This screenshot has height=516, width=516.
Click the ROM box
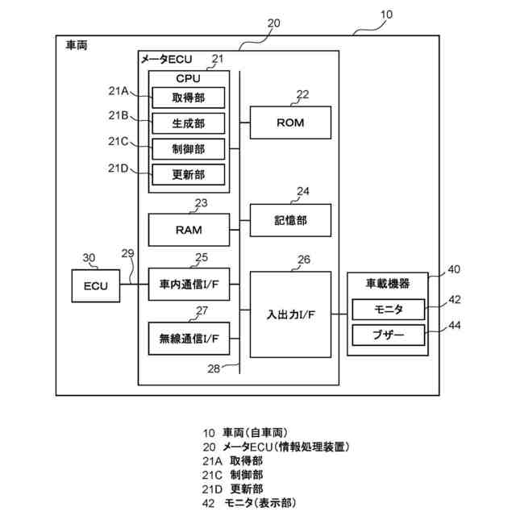coord(290,123)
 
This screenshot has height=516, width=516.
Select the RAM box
coord(189,230)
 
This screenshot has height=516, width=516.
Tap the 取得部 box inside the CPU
coord(188,98)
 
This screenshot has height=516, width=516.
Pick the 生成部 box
coord(188,123)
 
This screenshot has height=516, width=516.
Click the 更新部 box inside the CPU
coord(188,174)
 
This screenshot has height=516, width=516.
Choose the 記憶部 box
coord(290,220)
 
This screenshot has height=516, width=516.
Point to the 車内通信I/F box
coord(189,285)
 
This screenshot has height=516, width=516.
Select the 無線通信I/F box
coord(189,339)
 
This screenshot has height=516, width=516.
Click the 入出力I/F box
coord(290,314)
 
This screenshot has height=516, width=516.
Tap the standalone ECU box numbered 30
coord(96,286)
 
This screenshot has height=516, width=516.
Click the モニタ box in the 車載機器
coord(389,310)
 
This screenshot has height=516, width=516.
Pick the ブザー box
coord(389,335)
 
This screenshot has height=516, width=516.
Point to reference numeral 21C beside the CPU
coord(119,142)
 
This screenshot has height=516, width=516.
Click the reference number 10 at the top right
coord(387,15)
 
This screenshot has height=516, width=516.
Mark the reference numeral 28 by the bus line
coord(214,368)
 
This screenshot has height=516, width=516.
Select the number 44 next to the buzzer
coord(455,325)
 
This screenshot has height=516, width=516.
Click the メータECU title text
coord(167,59)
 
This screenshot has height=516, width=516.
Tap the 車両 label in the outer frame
coord(77,45)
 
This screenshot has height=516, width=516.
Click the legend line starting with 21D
coord(233,489)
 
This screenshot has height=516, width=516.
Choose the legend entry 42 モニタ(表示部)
coord(249,503)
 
